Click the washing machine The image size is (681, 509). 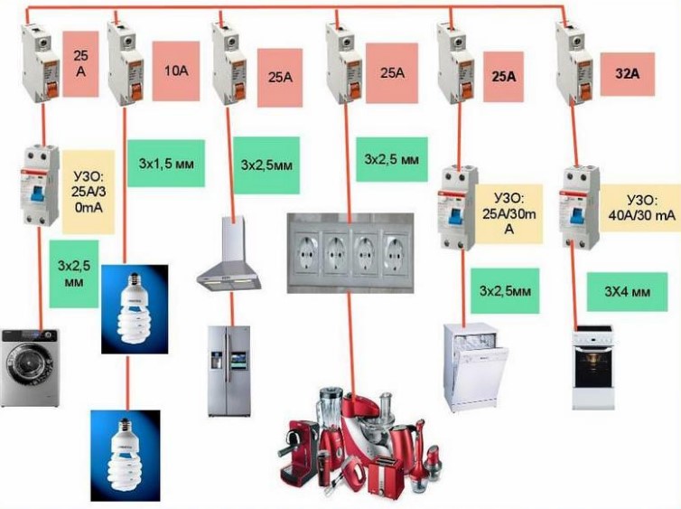(31, 365)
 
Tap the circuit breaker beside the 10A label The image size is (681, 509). (126, 58)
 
